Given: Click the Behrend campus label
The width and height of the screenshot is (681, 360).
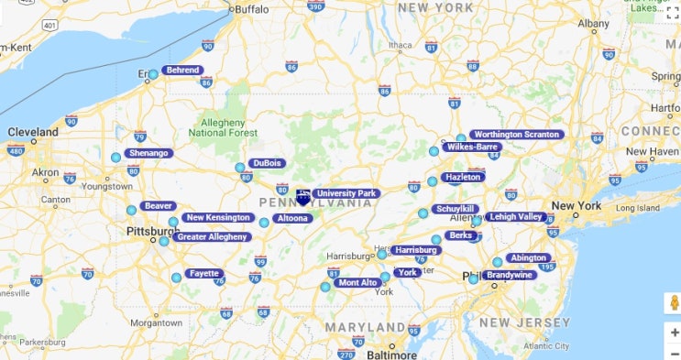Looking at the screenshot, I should click(x=182, y=70).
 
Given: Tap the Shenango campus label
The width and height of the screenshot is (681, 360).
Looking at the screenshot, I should click(x=148, y=153).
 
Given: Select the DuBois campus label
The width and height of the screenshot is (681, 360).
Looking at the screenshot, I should click(x=266, y=163).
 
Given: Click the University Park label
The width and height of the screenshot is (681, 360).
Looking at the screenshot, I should click(x=346, y=193).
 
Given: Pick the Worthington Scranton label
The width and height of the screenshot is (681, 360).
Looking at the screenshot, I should click(x=516, y=135).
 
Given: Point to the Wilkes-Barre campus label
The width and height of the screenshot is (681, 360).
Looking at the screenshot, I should click(x=472, y=147).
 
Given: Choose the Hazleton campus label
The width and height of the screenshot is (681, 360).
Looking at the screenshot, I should click(x=462, y=177).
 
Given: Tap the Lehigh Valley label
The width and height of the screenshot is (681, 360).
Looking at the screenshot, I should click(x=515, y=217).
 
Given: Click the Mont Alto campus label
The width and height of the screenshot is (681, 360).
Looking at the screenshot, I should click(x=357, y=283).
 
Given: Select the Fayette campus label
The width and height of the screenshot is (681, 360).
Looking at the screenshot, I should click(x=203, y=273).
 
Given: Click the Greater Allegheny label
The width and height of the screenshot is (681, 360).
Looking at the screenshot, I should click(x=212, y=237).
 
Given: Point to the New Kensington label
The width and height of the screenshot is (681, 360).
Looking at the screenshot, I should click(x=218, y=218).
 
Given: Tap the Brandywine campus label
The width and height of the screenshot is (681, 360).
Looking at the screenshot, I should click(x=509, y=275).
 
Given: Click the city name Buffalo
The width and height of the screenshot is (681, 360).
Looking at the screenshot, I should click(x=252, y=9).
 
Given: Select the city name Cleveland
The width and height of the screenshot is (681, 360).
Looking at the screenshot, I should click(x=33, y=132).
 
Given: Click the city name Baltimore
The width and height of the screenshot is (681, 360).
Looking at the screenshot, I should click(x=391, y=354).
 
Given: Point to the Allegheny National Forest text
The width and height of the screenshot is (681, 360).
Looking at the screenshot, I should click(x=222, y=127).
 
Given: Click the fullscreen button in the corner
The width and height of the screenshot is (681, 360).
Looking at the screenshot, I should click(x=672, y=12).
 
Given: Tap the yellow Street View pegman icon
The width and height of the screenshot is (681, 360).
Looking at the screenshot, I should click(x=673, y=303).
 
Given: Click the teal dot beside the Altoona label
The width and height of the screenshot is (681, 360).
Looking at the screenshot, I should click(x=264, y=223).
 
